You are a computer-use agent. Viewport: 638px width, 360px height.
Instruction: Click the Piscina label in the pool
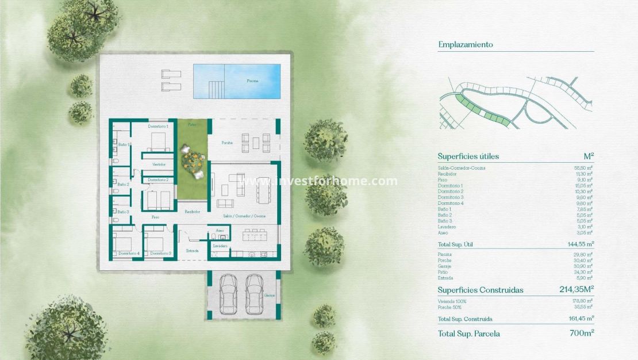point(252,81)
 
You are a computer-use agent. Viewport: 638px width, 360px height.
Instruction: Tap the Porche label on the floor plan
point(227,143)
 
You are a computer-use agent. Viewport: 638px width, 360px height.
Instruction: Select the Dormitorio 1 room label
point(157,126)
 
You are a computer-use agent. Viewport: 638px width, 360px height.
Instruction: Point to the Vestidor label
point(159,164)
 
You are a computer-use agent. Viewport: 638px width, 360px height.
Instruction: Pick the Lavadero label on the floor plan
point(220,246)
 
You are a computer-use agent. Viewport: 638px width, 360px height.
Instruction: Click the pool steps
point(216,89)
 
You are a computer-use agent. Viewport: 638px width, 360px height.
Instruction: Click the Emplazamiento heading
point(466,44)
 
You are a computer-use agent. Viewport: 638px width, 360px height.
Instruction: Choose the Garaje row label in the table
point(445,266)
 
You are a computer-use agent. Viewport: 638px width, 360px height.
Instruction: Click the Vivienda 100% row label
point(452,301)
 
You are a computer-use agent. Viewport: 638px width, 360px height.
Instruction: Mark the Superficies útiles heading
point(468,156)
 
